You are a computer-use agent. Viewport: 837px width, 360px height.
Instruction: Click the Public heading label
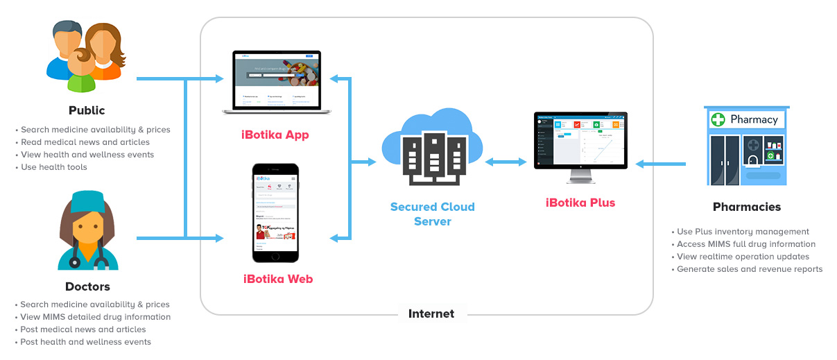tap(87, 110)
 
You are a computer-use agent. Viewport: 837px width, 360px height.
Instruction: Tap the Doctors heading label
tap(87, 286)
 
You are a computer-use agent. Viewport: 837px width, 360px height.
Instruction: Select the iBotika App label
tap(276, 135)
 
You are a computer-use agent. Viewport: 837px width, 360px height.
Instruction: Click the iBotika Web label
tap(277, 279)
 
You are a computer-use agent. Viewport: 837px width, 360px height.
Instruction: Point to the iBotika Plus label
tap(580, 203)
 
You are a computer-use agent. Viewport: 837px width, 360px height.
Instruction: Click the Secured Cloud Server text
tap(433, 214)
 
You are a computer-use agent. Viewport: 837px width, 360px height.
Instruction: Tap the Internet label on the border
tap(431, 314)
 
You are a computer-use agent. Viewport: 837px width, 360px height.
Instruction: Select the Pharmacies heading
tap(746, 207)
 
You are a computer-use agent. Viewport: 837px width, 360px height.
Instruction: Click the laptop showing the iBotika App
tap(276, 82)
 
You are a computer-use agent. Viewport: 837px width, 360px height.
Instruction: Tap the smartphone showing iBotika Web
tap(275, 213)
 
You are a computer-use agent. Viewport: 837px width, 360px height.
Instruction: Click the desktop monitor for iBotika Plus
tap(580, 145)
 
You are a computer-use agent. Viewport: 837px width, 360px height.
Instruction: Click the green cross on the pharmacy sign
tap(719, 119)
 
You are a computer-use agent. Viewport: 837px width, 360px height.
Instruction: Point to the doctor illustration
tap(87, 232)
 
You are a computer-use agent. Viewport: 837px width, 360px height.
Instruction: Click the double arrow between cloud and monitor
tap(506, 162)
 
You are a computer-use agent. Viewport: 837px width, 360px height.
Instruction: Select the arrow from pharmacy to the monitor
tap(661, 164)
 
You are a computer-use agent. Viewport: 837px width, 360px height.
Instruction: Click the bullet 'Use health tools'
tap(54, 167)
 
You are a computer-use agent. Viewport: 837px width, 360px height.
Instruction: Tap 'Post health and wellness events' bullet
tap(85, 342)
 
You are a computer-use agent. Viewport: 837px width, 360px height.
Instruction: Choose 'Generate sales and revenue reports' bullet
tap(750, 269)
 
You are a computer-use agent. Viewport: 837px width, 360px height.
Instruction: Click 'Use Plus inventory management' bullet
tap(743, 232)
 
